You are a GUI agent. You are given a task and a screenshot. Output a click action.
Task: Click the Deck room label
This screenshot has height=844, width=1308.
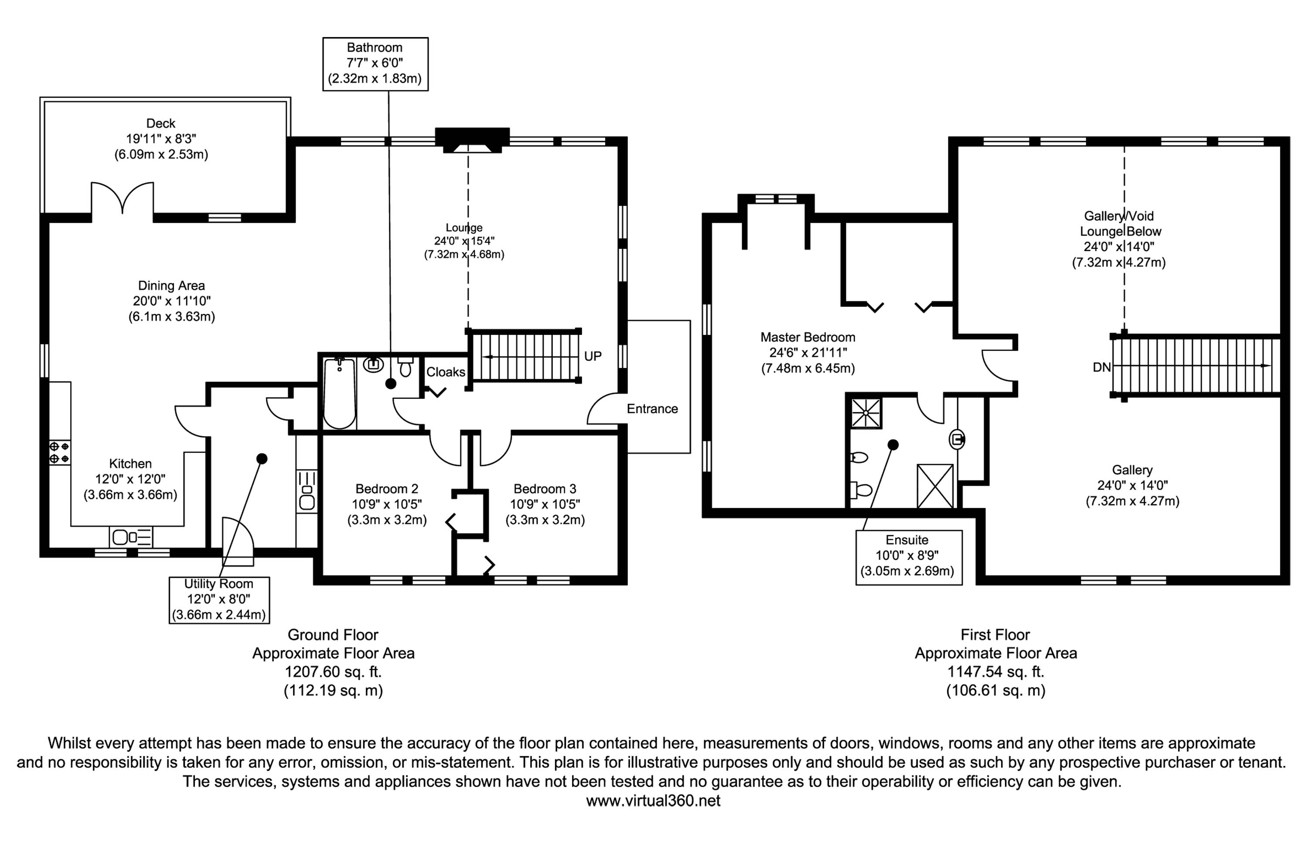(160, 123)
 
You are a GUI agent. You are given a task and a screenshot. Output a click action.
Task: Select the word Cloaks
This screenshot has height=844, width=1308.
(446, 372)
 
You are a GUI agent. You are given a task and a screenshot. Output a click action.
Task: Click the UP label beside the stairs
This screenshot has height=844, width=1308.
(593, 356)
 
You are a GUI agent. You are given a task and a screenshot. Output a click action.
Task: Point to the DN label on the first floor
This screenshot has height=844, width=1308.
(1101, 367)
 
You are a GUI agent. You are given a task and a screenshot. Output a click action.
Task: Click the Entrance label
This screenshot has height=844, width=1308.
(652, 409)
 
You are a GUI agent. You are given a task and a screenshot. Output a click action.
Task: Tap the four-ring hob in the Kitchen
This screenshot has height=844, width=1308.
(59, 453)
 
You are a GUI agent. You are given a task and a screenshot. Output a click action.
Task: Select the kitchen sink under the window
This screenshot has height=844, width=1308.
(130, 537)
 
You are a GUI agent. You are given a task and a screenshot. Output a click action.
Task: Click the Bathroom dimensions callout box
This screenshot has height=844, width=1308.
(375, 64)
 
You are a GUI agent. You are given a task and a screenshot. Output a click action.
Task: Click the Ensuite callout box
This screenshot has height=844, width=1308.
(909, 557)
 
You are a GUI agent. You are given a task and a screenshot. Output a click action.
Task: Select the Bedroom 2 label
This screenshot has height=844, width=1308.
(386, 489)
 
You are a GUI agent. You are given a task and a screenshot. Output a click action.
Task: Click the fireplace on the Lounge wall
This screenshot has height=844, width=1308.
(472, 140)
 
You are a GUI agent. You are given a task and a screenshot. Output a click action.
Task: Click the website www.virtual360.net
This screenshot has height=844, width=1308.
(653, 801)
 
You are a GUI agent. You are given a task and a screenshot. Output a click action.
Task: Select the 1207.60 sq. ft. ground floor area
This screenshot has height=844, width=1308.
(333, 671)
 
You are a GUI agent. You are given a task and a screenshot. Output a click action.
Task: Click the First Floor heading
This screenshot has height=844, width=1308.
(995, 635)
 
